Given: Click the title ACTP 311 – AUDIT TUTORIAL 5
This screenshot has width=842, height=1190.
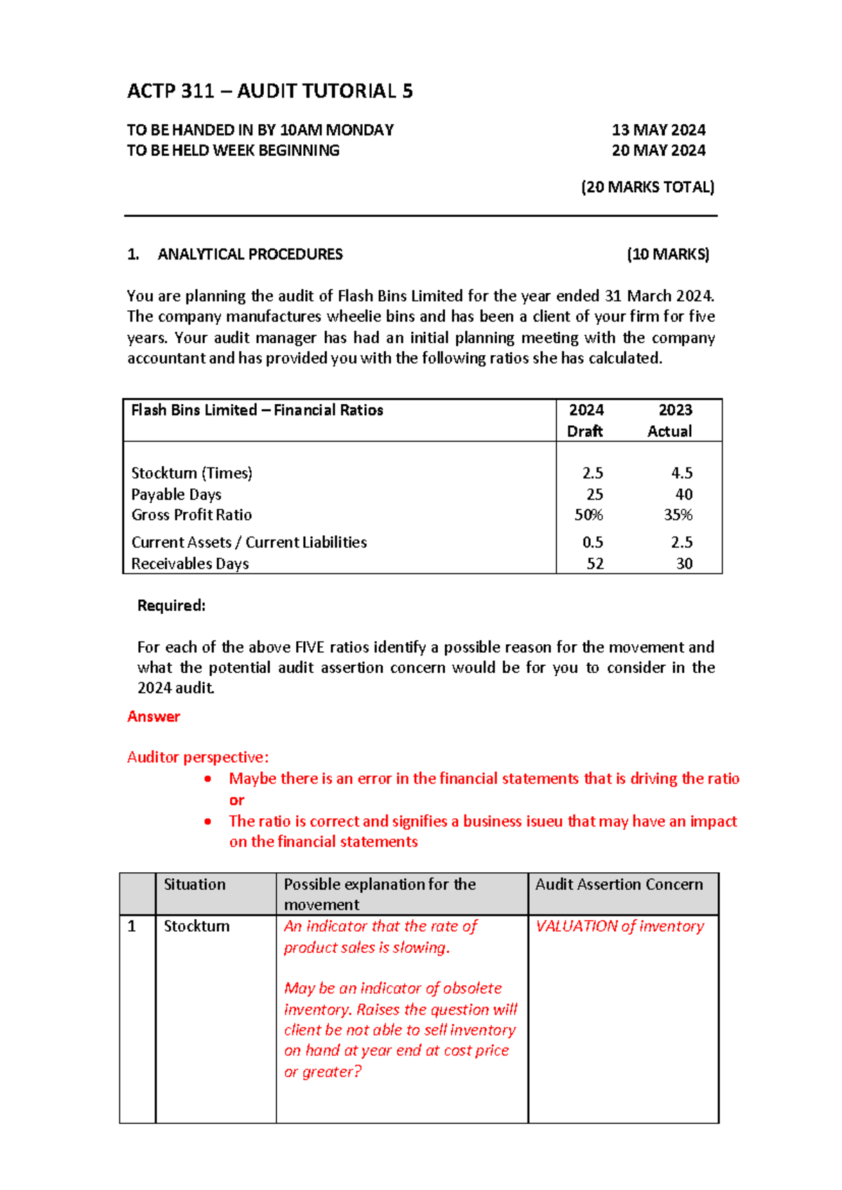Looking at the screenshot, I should [269, 91].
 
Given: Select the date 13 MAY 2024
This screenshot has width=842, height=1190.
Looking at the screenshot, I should [658, 130].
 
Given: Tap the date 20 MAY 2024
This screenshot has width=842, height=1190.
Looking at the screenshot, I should [658, 150].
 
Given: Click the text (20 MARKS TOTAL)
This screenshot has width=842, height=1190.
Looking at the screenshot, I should [647, 187].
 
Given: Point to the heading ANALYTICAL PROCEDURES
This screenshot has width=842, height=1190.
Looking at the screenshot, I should [250, 254].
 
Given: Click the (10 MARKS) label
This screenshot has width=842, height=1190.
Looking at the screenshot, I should [667, 254].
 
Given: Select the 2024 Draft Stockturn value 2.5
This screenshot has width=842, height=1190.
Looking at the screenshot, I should [592, 473].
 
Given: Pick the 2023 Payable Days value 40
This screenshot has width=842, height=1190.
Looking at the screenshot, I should [683, 494].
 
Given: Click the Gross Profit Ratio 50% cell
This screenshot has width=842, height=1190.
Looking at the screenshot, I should [588, 514].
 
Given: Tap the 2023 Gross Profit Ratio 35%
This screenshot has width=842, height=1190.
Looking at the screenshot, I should [678, 514].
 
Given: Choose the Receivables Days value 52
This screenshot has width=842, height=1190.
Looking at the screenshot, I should [594, 563].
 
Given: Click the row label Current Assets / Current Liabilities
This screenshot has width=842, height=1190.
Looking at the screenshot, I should [249, 542].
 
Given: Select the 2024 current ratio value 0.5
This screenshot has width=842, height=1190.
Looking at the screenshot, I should [592, 542].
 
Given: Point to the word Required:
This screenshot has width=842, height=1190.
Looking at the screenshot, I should [171, 606].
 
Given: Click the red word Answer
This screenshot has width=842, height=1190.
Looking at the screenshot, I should [154, 716].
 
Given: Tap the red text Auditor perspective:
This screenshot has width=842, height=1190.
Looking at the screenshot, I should [197, 757].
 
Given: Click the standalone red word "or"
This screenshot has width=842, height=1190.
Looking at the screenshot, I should [236, 800].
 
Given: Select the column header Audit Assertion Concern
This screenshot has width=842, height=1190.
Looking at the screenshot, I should [618, 884].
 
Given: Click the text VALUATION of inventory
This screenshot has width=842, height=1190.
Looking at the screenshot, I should [620, 926].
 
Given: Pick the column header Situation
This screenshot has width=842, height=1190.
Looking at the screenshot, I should [194, 884].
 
